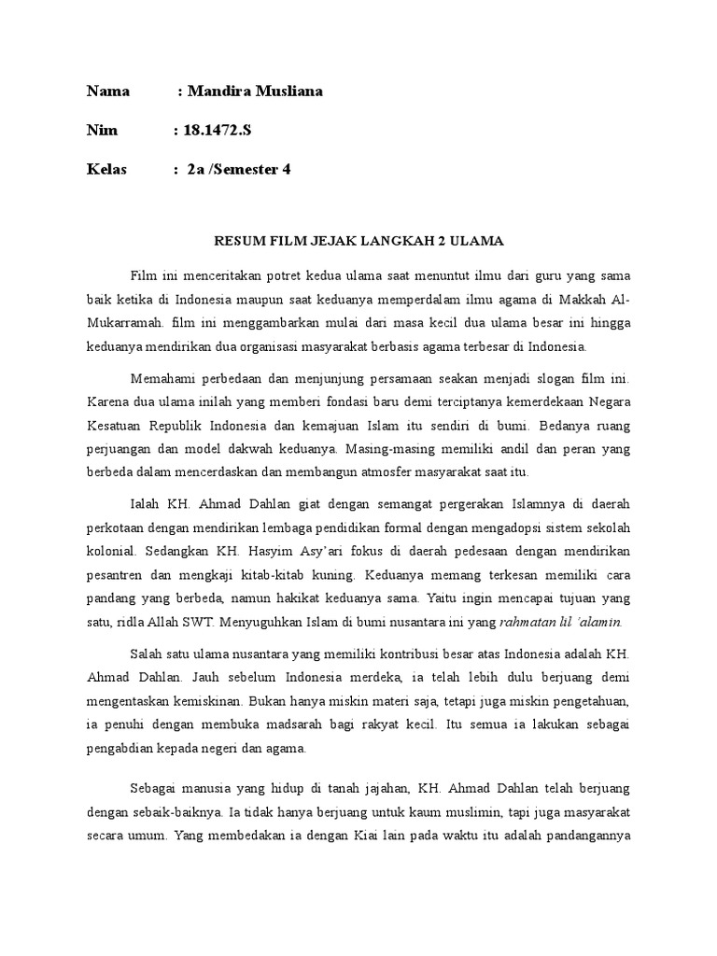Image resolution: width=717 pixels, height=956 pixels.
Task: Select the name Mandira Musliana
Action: [255, 91]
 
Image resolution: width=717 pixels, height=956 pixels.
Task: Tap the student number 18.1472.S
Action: [218, 131]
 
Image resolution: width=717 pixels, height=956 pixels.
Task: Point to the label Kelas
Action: [107, 170]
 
